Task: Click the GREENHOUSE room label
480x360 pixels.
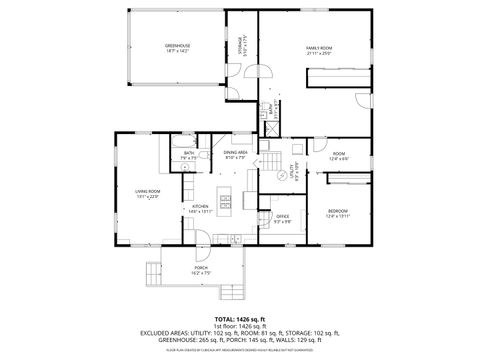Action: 149,47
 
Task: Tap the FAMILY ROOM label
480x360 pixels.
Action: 319,48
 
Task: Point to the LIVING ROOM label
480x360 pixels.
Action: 148,193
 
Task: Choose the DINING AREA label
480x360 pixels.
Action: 236,154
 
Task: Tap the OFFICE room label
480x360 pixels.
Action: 283,219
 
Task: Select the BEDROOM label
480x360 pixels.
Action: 338,213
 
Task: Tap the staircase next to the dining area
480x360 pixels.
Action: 271,160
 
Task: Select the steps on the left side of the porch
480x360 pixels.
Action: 153,271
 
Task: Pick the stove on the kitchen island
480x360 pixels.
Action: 225,203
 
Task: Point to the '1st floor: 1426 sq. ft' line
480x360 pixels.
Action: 240,326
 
